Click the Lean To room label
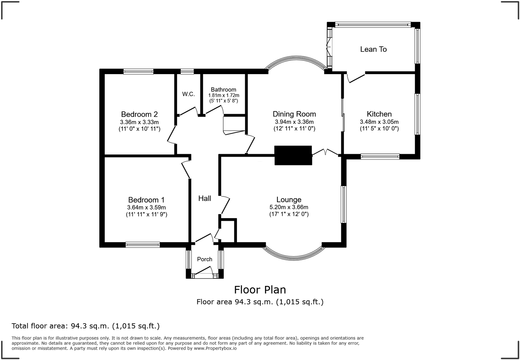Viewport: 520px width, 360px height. click(373, 49)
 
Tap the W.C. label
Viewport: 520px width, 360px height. click(188, 94)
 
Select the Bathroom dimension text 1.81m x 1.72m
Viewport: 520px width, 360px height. click(223, 95)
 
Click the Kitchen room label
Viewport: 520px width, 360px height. click(379, 114)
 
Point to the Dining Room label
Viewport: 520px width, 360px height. click(294, 114)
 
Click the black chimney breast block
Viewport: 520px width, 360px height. click(293, 155)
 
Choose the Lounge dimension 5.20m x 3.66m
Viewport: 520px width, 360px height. click(289, 207)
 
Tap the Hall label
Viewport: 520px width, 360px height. click(205, 199)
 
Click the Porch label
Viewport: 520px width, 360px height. click(205, 259)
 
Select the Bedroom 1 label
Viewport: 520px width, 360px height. click(146, 200)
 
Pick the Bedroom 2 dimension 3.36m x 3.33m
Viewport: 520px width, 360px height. click(139, 122)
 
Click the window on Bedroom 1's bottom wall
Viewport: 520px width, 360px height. click(143, 245)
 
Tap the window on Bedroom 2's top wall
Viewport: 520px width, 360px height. click(138, 71)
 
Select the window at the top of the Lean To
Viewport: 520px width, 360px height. click(373, 24)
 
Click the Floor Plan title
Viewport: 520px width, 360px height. click(260, 290)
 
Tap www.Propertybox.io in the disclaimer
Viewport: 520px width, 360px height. click(215, 348)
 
